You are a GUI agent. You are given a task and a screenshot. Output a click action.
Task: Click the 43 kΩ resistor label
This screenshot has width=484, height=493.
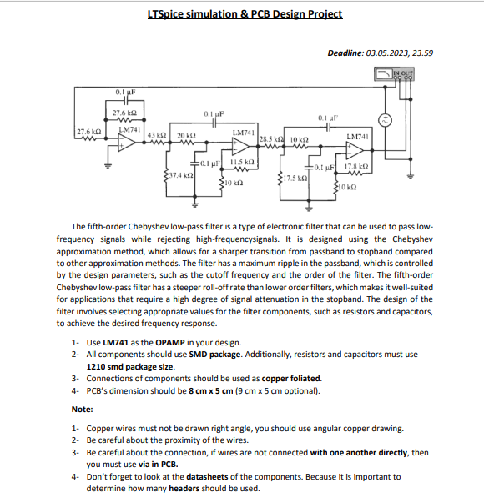click(156, 135)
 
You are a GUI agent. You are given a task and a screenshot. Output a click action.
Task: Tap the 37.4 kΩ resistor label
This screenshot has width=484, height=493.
click(181, 176)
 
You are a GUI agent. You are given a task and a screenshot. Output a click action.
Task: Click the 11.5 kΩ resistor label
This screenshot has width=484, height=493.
click(242, 161)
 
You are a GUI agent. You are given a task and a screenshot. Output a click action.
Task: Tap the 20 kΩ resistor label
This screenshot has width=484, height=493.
click(185, 135)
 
